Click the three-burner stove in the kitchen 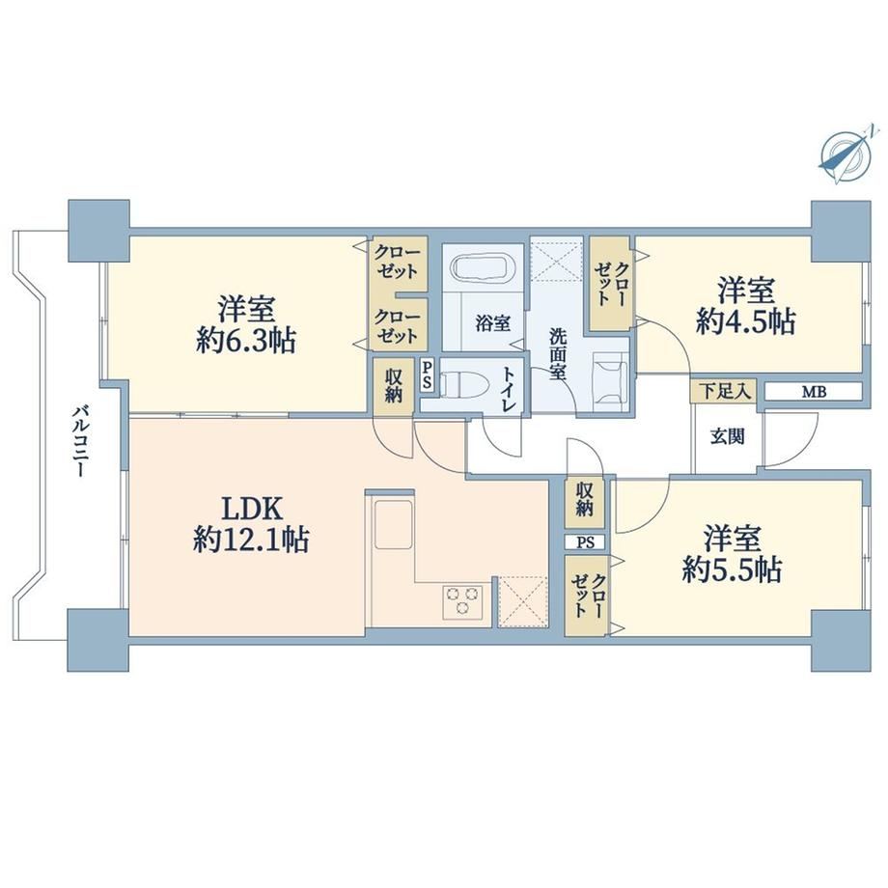pyautogui.click(x=463, y=600)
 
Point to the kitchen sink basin pyautogui.click(x=392, y=524)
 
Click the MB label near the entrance pyautogui.click(x=814, y=391)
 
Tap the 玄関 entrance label pyautogui.click(x=727, y=436)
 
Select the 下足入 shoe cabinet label pyautogui.click(x=724, y=391)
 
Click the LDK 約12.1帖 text pyautogui.click(x=251, y=524)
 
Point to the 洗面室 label pyautogui.click(x=558, y=354)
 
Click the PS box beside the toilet pyautogui.click(x=427, y=375)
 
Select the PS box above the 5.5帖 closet pyautogui.click(x=585, y=542)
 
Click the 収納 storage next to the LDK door pyautogui.click(x=393, y=386)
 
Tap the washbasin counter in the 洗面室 pyautogui.click(x=610, y=379)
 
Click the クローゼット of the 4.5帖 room pyautogui.click(x=610, y=283)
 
